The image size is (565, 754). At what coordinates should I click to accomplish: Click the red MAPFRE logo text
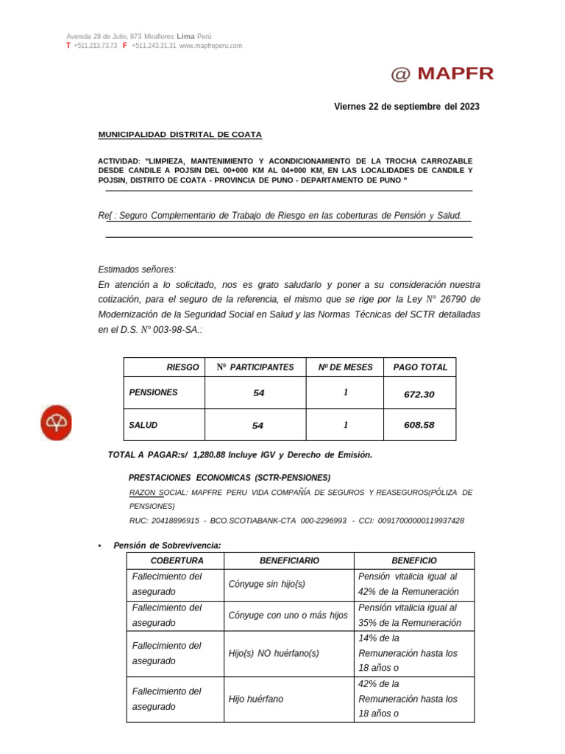pos(442,74)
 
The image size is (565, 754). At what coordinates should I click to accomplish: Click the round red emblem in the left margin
pos(56,423)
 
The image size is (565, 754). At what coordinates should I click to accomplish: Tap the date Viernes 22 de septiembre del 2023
pos(406,107)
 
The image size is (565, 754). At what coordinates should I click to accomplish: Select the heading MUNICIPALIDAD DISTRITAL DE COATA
pos(180,135)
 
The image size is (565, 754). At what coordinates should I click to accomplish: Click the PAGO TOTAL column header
pos(420,367)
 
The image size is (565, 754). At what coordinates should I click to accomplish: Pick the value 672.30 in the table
pos(419,395)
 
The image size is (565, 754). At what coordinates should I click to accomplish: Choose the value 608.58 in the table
pos(419,426)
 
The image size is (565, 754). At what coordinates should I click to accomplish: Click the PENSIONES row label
pos(153,393)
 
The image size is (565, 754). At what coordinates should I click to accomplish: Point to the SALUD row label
pos(143,426)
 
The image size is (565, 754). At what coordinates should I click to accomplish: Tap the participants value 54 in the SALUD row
pos(258,426)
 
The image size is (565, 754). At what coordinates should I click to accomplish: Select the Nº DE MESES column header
pos(345,367)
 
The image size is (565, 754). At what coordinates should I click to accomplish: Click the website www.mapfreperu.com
pos(210,46)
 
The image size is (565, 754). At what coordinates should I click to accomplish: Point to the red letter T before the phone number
pos(68,46)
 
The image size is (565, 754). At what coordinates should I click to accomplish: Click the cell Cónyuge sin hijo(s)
pos(266,584)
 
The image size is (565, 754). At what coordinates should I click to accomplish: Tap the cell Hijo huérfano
pos(255,699)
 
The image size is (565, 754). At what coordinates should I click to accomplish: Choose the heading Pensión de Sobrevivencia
pos(167,546)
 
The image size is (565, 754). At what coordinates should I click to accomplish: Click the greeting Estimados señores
pos(137,269)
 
